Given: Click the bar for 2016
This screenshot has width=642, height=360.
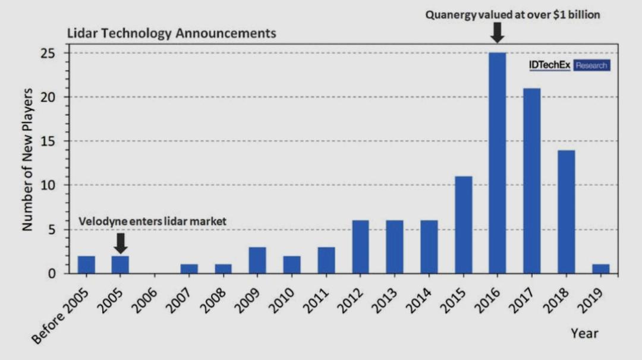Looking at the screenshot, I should click(x=498, y=163).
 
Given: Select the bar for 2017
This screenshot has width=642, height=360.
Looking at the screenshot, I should click(x=532, y=181).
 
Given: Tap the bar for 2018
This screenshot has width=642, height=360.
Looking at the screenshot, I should click(x=567, y=211).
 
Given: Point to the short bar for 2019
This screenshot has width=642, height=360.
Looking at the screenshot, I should click(x=601, y=269).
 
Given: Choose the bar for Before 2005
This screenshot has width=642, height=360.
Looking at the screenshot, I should click(x=86, y=264).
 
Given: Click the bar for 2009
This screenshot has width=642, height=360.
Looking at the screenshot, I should click(x=257, y=260).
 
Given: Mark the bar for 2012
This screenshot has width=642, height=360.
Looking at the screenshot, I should click(x=360, y=247).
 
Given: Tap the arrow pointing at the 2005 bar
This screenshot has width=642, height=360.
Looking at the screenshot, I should click(x=121, y=242).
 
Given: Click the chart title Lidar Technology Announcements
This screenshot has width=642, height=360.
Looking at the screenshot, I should click(x=171, y=33).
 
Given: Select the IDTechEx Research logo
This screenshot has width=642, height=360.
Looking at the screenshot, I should click(x=569, y=65).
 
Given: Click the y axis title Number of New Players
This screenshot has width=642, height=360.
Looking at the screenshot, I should click(x=27, y=159).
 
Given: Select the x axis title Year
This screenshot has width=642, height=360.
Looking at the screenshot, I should click(x=584, y=333).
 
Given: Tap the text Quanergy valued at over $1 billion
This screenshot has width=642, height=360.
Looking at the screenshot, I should click(x=512, y=15).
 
